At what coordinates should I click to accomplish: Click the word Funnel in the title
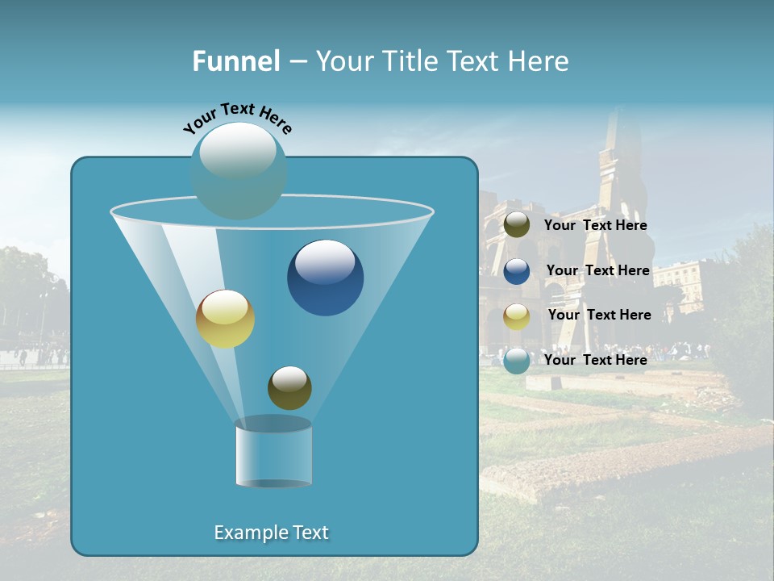coord(235,61)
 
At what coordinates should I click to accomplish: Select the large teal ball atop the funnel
coord(239,170)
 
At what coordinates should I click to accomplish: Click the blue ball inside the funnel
coord(325,278)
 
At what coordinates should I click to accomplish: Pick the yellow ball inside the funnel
coord(225,319)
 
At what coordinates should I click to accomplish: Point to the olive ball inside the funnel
coord(289,387)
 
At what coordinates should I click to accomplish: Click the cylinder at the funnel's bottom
coord(273,454)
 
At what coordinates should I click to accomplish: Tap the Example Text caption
coord(271,533)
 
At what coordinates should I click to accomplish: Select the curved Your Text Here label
coord(237,119)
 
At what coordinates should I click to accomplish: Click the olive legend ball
coord(517,225)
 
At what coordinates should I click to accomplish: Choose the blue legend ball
coord(517,271)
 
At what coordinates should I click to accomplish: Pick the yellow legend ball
coord(517,316)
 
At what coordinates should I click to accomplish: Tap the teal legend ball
coord(517,361)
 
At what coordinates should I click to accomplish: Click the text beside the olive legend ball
coord(595,226)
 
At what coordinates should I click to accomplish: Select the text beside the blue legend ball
coord(597,271)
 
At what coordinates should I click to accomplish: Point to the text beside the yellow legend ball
coord(599,316)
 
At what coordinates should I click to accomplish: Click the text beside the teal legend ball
coord(595,360)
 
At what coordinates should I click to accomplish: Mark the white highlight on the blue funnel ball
coord(325,261)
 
